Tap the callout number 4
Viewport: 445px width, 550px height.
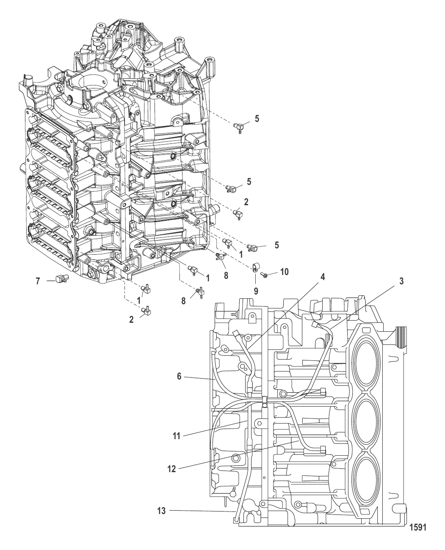[323, 278]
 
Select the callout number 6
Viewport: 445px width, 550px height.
[180, 376]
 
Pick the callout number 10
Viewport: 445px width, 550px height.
[284, 272]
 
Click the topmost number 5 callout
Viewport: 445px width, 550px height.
[257, 119]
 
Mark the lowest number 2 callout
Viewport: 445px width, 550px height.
[132, 320]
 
